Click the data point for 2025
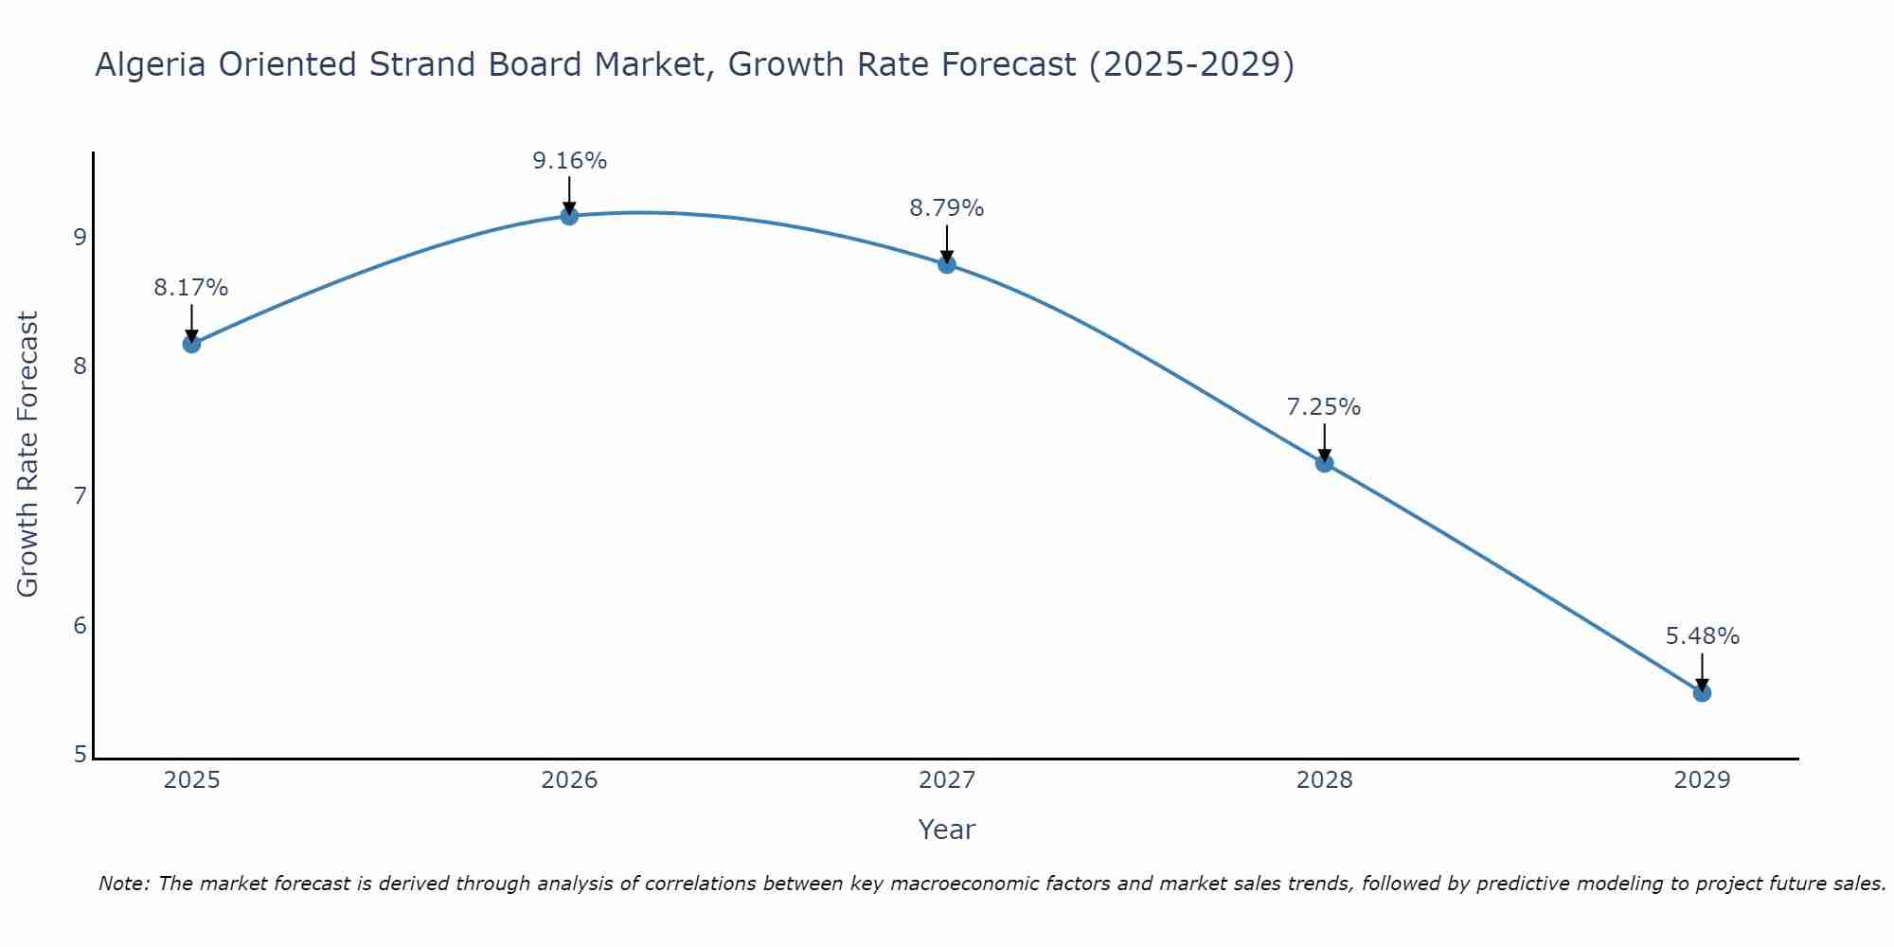tap(191, 344)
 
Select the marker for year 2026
tap(569, 216)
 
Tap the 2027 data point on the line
tap(947, 264)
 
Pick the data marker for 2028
tap(1324, 463)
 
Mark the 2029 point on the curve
tap(1702, 693)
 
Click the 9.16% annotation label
tap(569, 161)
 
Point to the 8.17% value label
tap(191, 288)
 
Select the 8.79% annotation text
tap(947, 208)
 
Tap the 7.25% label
tap(1324, 407)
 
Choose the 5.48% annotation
tap(1702, 636)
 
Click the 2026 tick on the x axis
tap(569, 780)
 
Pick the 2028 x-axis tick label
tap(1324, 780)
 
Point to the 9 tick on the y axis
tap(80, 237)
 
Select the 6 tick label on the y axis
tap(80, 625)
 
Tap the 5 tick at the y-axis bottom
tap(80, 755)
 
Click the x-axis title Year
tap(947, 830)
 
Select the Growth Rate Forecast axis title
tap(28, 455)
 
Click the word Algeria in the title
tap(152, 64)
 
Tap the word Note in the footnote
tap(123, 884)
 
